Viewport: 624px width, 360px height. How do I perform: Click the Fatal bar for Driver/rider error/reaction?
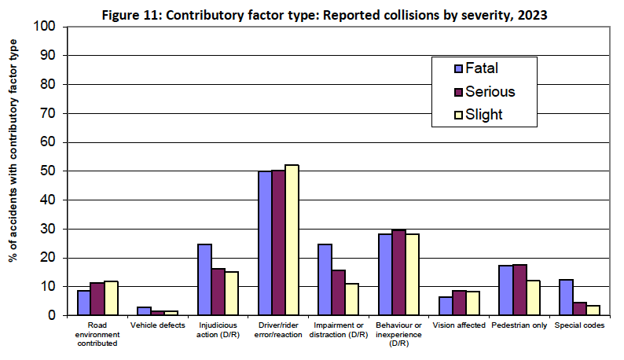(266, 243)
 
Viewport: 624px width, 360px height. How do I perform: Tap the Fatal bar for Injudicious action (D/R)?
(204, 280)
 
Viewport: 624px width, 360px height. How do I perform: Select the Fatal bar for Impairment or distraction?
(325, 280)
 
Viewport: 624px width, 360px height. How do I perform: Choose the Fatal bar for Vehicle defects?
(144, 311)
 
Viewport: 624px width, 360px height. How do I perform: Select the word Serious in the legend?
(490, 91)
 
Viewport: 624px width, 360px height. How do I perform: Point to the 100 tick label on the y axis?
(45, 27)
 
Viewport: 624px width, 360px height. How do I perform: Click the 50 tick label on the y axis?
(49, 171)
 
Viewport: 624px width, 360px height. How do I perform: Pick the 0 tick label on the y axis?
(53, 315)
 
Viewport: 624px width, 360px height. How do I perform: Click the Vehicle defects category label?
(157, 325)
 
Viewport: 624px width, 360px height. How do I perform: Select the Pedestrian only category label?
(519, 325)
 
